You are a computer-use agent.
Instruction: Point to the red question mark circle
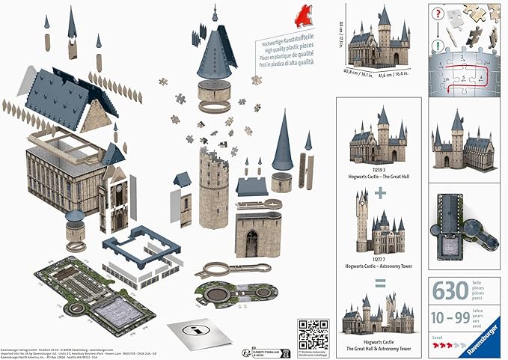[438, 13]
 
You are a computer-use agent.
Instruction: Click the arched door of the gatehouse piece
[252, 242]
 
